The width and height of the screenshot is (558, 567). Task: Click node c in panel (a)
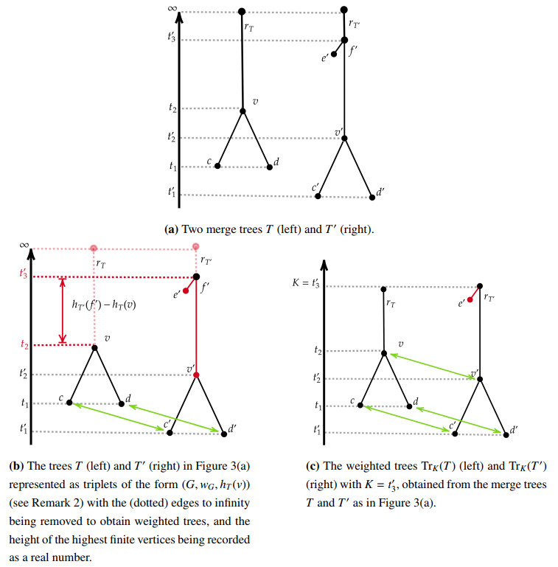[217, 166]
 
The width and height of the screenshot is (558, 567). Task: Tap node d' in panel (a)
[372, 197]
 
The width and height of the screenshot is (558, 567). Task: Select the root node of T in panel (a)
[242, 12]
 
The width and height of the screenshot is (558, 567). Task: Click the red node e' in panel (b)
[185, 291]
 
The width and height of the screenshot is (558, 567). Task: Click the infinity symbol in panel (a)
[173, 8]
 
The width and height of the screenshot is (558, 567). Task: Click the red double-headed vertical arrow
[63, 310]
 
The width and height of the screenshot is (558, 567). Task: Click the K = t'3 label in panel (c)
[305, 283]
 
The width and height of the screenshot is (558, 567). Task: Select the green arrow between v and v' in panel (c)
[431, 366]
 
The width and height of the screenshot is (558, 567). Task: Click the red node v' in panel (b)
[195, 376]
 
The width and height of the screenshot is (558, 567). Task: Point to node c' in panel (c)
[454, 434]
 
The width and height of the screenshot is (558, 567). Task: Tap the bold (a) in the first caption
[171, 229]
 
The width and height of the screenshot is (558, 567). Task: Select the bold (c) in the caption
[312, 467]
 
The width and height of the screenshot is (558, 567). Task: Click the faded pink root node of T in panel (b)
[94, 248]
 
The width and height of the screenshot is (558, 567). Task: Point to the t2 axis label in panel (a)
[172, 108]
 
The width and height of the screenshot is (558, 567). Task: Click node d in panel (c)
[409, 406]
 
